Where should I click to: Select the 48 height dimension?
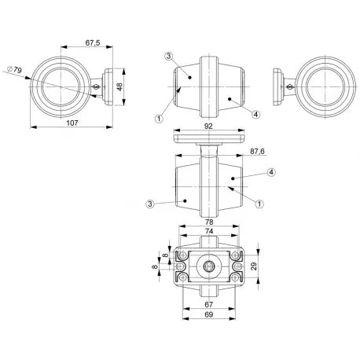(120, 86)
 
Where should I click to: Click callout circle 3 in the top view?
(169, 57)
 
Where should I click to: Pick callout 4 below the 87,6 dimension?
(270, 171)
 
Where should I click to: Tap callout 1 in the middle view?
(258, 203)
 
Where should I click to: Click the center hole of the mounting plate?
(208, 268)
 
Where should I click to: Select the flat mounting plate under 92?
(208, 138)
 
